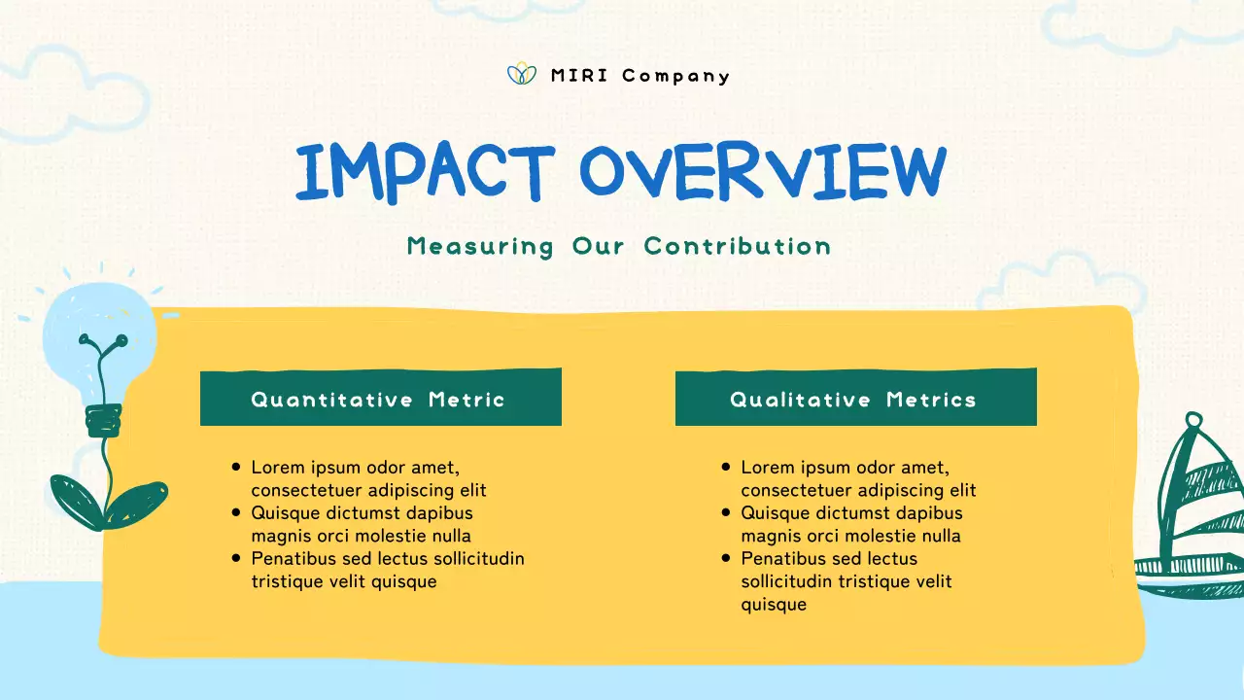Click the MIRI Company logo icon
tap(522, 74)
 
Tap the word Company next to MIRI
tap(675, 77)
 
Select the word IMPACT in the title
tap(425, 173)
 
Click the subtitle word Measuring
tap(480, 247)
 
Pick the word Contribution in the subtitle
tap(738, 246)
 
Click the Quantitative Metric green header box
tap(380, 398)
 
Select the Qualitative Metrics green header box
tap(855, 398)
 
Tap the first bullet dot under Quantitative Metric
tap(236, 468)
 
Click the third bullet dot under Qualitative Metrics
tap(726, 558)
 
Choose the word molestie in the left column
tap(387, 536)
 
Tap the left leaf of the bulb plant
tap(75, 502)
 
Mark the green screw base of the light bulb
tap(103, 420)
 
